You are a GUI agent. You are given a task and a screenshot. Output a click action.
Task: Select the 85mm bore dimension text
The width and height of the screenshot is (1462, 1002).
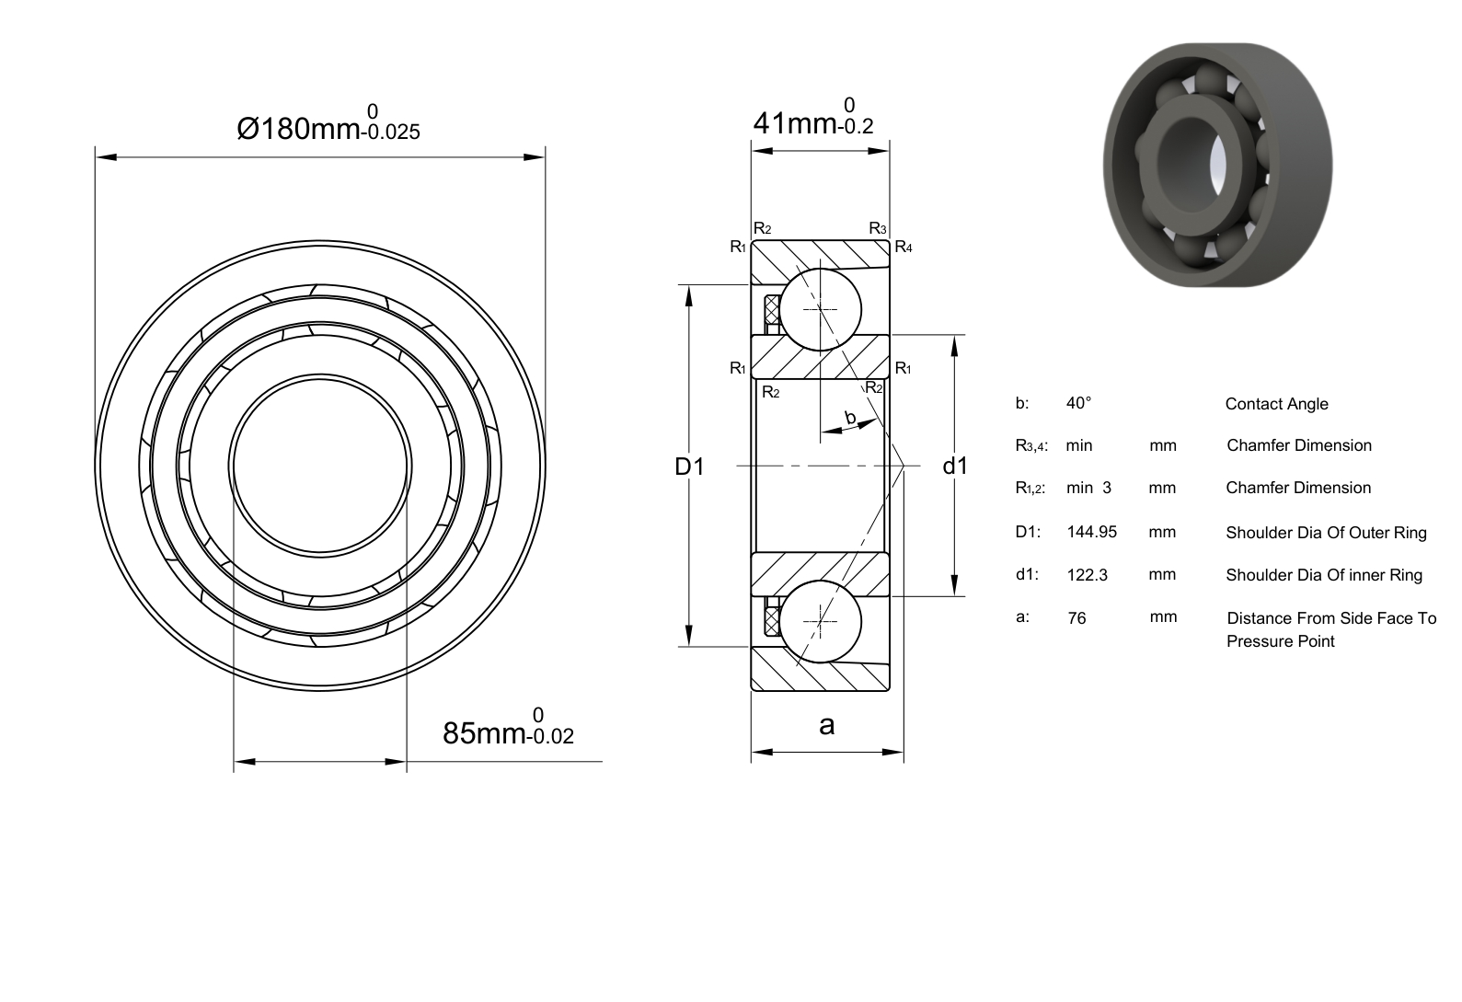[509, 727]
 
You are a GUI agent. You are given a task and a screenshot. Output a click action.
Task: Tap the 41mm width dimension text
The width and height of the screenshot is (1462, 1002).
[813, 117]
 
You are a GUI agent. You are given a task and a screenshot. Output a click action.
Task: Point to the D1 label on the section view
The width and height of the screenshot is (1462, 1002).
[689, 466]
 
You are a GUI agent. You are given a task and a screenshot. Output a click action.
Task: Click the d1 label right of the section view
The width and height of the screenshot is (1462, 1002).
[955, 466]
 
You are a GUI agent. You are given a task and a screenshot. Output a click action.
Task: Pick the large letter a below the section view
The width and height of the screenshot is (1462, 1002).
[827, 725]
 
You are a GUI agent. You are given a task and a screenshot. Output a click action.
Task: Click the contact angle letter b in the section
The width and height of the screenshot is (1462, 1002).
[850, 417]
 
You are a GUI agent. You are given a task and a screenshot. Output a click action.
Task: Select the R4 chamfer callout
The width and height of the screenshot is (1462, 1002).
[904, 247]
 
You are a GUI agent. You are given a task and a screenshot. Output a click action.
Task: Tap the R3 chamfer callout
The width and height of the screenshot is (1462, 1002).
[878, 228]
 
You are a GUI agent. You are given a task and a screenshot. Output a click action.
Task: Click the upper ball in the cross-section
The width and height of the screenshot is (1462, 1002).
[821, 309]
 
